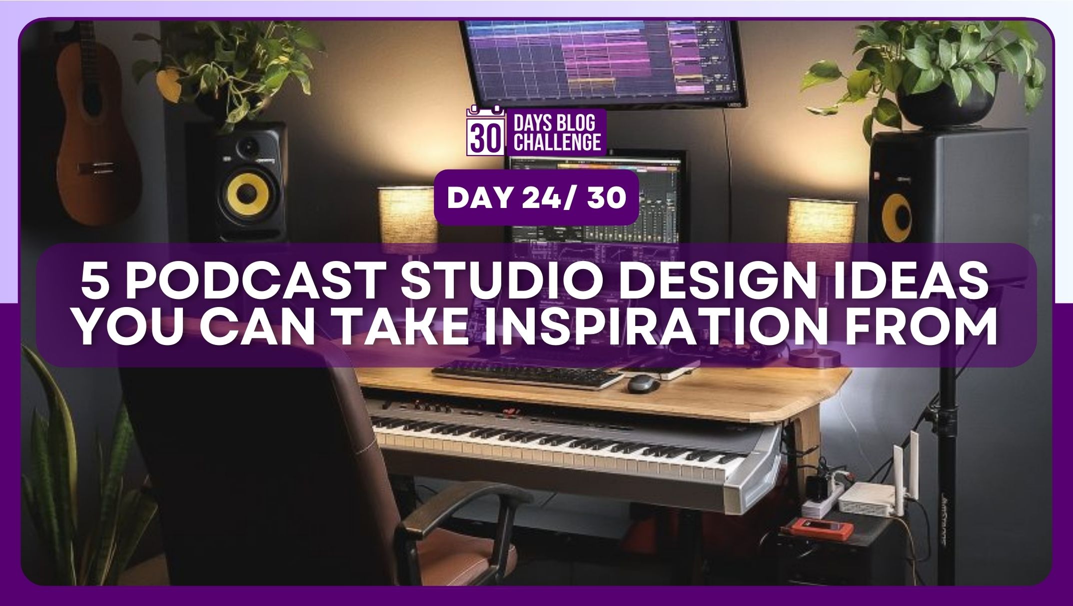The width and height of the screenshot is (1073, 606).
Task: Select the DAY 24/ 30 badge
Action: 536,198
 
